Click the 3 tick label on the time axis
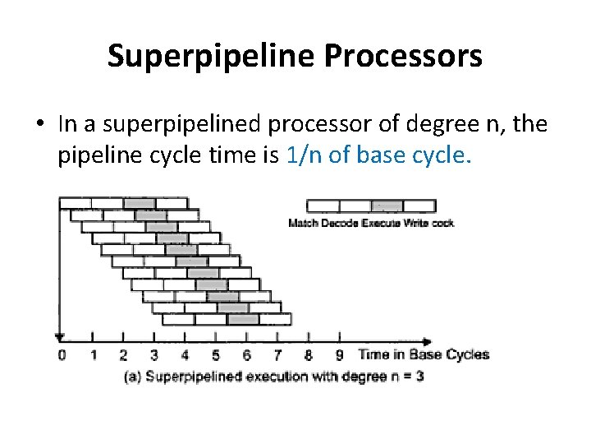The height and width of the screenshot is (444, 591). [154, 355]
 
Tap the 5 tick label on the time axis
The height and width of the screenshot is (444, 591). [216, 355]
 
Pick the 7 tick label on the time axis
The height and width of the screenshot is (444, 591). [277, 355]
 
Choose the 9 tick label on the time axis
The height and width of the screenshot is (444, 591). [339, 355]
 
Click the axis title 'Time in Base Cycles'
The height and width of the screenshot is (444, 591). [424, 355]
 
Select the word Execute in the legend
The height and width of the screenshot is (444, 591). [378, 224]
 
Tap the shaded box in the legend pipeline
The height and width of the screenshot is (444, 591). [387, 206]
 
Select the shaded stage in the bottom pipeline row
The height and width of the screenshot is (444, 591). [238, 318]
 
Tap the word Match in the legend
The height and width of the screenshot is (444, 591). [301, 224]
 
